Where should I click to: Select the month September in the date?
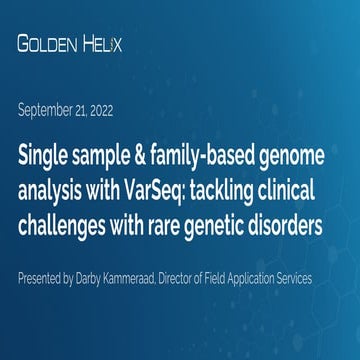pos(50,110)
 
